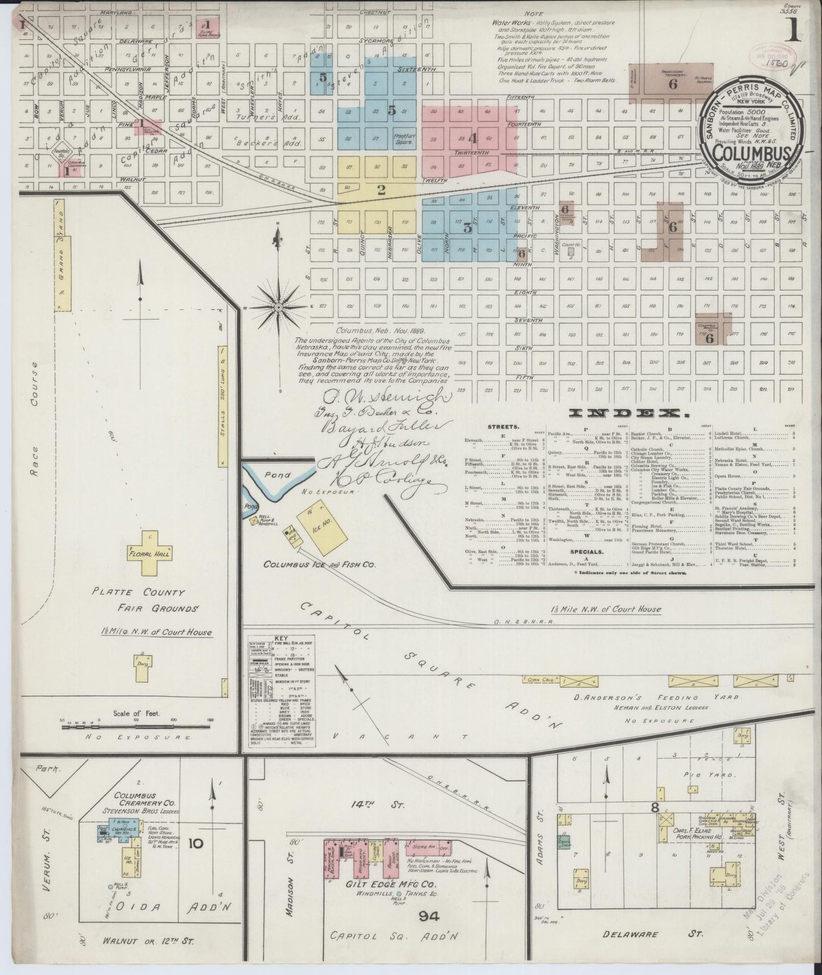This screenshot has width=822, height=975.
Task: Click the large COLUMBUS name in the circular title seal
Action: pyautogui.click(x=755, y=152)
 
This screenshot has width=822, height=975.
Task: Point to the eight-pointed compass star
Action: pyautogui.click(x=279, y=308)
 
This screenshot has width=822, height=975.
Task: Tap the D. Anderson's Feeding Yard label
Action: pyautogui.click(x=663, y=697)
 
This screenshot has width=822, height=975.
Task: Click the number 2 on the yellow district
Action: pyautogui.click(x=381, y=190)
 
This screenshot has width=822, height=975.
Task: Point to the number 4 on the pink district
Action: pyautogui.click(x=472, y=138)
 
